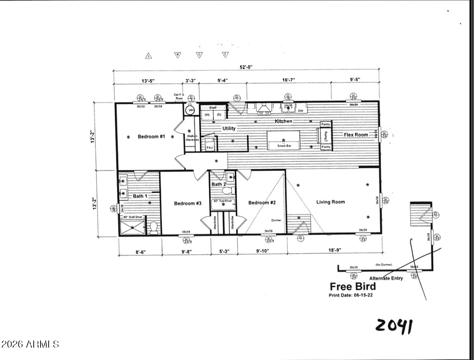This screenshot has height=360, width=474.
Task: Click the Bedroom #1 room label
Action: pyautogui.click(x=151, y=136)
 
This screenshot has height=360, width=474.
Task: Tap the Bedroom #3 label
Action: pyautogui.click(x=188, y=203)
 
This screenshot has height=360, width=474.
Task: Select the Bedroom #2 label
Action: pyautogui.click(x=262, y=202)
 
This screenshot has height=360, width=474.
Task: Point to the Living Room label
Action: pyautogui.click(x=330, y=202)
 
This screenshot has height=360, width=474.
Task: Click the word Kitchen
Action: pyautogui.click(x=283, y=121)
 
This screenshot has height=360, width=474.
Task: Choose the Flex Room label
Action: pyautogui.click(x=356, y=134)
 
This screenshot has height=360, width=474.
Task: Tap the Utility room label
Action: pyautogui.click(x=229, y=128)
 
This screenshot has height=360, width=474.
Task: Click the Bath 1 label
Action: pyautogui.click(x=140, y=196)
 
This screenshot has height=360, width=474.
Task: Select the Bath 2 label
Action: pyautogui.click(x=219, y=184)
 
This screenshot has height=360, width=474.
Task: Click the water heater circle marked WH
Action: pyautogui.click(x=191, y=110)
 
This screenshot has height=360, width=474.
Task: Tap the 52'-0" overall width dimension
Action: pyautogui.click(x=246, y=67)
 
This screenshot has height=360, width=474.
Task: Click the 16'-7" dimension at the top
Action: pyautogui.click(x=288, y=80)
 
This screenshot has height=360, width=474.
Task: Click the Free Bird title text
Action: pyautogui.click(x=352, y=286)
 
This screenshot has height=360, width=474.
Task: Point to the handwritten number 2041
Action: pyautogui.click(x=394, y=326)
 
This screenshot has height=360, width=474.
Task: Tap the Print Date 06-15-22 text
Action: pyautogui.click(x=350, y=295)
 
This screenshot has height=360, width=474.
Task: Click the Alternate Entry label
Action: pyautogui.click(x=386, y=278)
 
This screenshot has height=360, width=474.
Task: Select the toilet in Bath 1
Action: pyautogui.click(x=153, y=228)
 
